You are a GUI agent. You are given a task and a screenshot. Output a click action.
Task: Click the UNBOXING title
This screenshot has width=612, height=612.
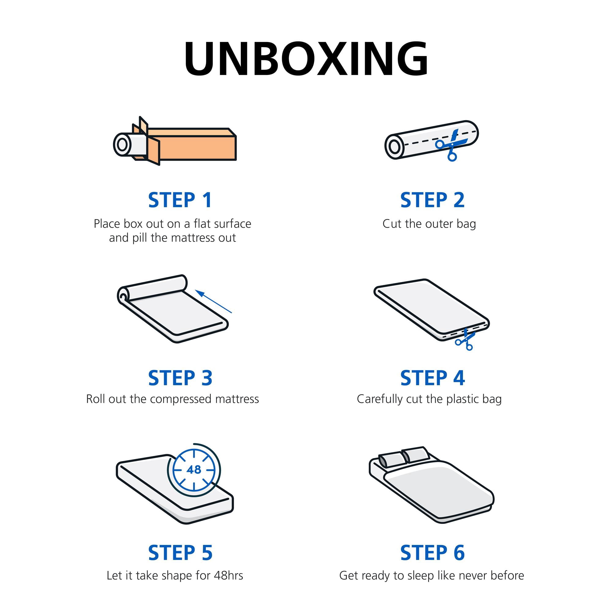(306, 59)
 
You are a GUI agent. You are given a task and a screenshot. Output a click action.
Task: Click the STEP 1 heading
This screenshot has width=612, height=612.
(180, 200)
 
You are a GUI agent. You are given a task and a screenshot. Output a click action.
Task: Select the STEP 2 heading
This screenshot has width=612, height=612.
(432, 200)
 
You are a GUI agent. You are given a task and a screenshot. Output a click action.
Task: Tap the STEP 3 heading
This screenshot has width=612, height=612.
(180, 378)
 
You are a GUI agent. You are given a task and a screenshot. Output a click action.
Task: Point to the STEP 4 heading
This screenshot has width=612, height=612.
(432, 378)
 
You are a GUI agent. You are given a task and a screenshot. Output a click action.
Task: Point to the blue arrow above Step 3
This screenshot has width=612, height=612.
(213, 301)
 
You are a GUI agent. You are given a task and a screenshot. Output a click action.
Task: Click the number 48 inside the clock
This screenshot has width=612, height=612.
(194, 469)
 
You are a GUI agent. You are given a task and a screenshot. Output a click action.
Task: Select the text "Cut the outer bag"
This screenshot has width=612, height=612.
(429, 224)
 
